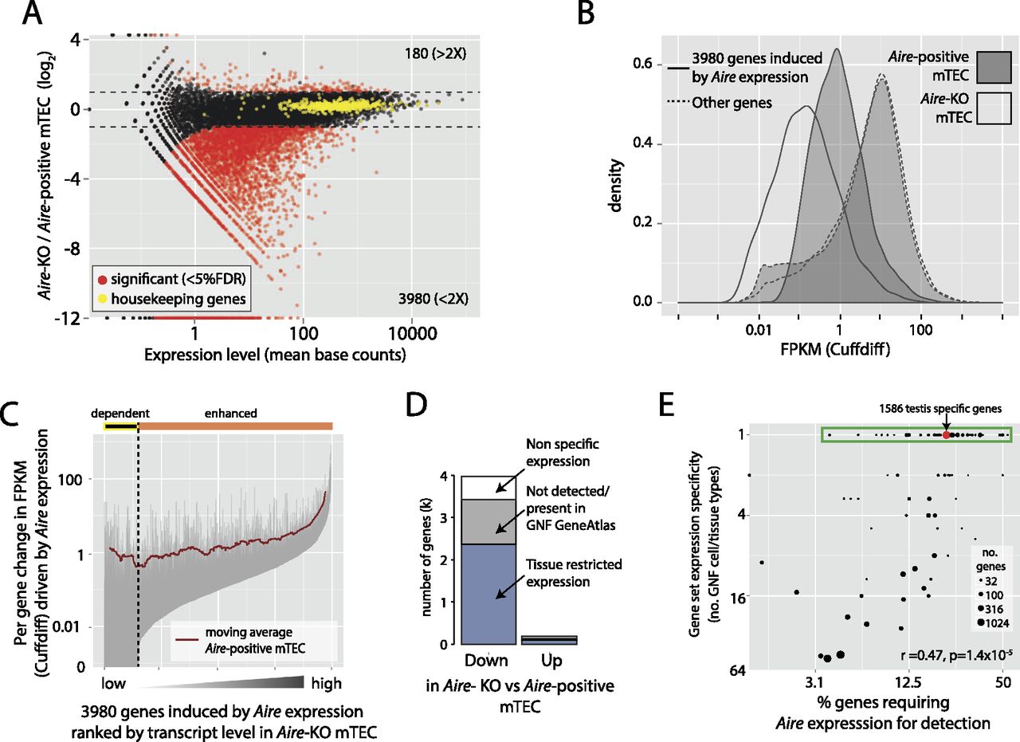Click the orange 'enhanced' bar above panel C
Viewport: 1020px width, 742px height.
point(235,427)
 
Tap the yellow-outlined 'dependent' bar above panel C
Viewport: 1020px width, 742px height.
point(120,427)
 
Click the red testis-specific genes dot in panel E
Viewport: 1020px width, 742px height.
point(946,435)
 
